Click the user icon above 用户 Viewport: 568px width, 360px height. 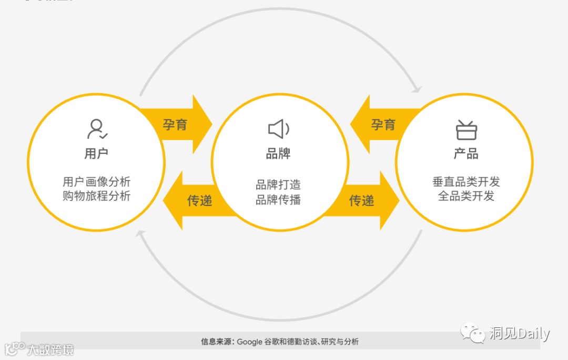click(x=97, y=129)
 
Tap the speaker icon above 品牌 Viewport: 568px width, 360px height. click(x=278, y=129)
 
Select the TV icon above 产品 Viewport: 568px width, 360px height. click(x=466, y=129)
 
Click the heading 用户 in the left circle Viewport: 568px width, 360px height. click(x=96, y=154)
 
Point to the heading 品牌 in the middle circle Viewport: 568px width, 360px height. click(x=278, y=154)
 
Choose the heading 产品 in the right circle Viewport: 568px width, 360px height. click(x=466, y=154)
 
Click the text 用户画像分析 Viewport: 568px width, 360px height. click(x=96, y=182)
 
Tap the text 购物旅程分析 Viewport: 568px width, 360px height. click(x=96, y=196)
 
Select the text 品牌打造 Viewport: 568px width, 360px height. click(x=278, y=185)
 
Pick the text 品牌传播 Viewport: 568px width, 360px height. click(x=278, y=200)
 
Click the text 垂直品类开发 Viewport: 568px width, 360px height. click(x=466, y=182)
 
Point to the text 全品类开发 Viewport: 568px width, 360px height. click(x=466, y=196)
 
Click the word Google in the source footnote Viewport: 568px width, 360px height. click(x=249, y=342)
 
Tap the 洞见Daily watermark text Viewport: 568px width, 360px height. click(x=519, y=333)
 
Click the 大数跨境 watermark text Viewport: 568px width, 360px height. click(x=50, y=349)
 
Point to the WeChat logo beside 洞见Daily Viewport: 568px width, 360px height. click(x=473, y=333)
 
